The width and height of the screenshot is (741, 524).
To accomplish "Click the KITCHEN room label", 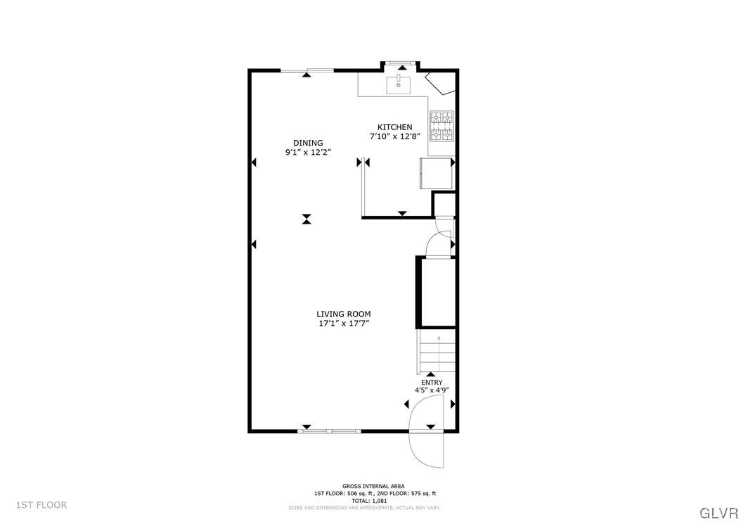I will point(394,127).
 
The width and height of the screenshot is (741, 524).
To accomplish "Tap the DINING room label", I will point(308,143).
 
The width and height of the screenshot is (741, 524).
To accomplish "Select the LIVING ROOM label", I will point(343,314).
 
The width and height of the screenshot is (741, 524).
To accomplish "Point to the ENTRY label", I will point(432,382).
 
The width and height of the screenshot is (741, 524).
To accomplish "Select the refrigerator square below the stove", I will point(435,173).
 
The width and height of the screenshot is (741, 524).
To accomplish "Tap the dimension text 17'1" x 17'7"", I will point(343,324).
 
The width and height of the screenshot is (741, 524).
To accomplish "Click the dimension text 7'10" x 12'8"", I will point(394,136).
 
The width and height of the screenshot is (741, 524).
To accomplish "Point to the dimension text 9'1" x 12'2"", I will point(308,152).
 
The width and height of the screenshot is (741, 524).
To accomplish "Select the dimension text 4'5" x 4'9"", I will point(432,390).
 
